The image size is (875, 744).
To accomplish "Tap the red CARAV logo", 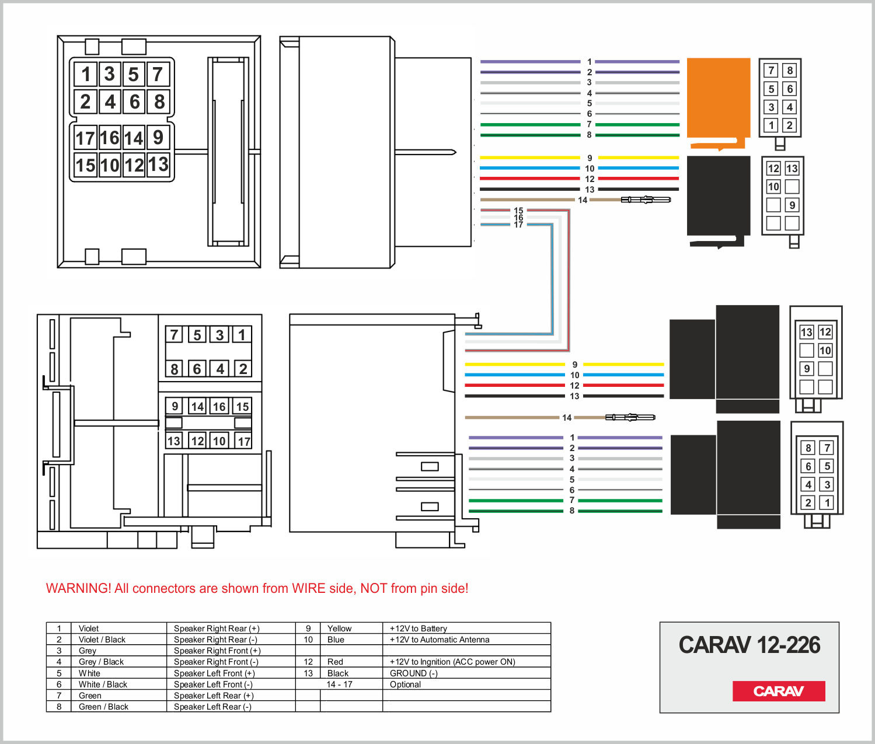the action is point(779,691).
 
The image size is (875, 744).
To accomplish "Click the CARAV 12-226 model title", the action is point(749,645).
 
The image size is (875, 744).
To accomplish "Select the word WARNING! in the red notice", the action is point(78,588).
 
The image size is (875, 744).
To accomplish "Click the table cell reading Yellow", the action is point(340,628).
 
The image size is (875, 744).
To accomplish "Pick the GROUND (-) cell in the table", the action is point(414,673).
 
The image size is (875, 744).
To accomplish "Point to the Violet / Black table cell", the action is point(102,640).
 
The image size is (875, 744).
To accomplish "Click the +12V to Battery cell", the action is point(419,628).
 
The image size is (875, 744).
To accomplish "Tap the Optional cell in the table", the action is point(405,684).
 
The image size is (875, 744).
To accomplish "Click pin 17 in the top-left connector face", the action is point(85,138).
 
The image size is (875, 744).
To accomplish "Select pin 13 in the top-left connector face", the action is point(158,164).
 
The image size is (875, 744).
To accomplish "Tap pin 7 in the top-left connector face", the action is point(158,75).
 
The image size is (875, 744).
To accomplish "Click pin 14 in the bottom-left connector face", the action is point(197,407).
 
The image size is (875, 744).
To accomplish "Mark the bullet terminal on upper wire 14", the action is point(646,200).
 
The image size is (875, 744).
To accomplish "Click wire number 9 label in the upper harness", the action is point(590,158).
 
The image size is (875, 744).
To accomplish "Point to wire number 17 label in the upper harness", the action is point(518,225).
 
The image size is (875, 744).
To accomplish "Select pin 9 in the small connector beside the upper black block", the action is point(792,205).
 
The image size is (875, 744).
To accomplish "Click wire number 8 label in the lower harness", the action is point(572,511).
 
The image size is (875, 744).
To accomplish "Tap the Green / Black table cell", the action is point(103,707).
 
